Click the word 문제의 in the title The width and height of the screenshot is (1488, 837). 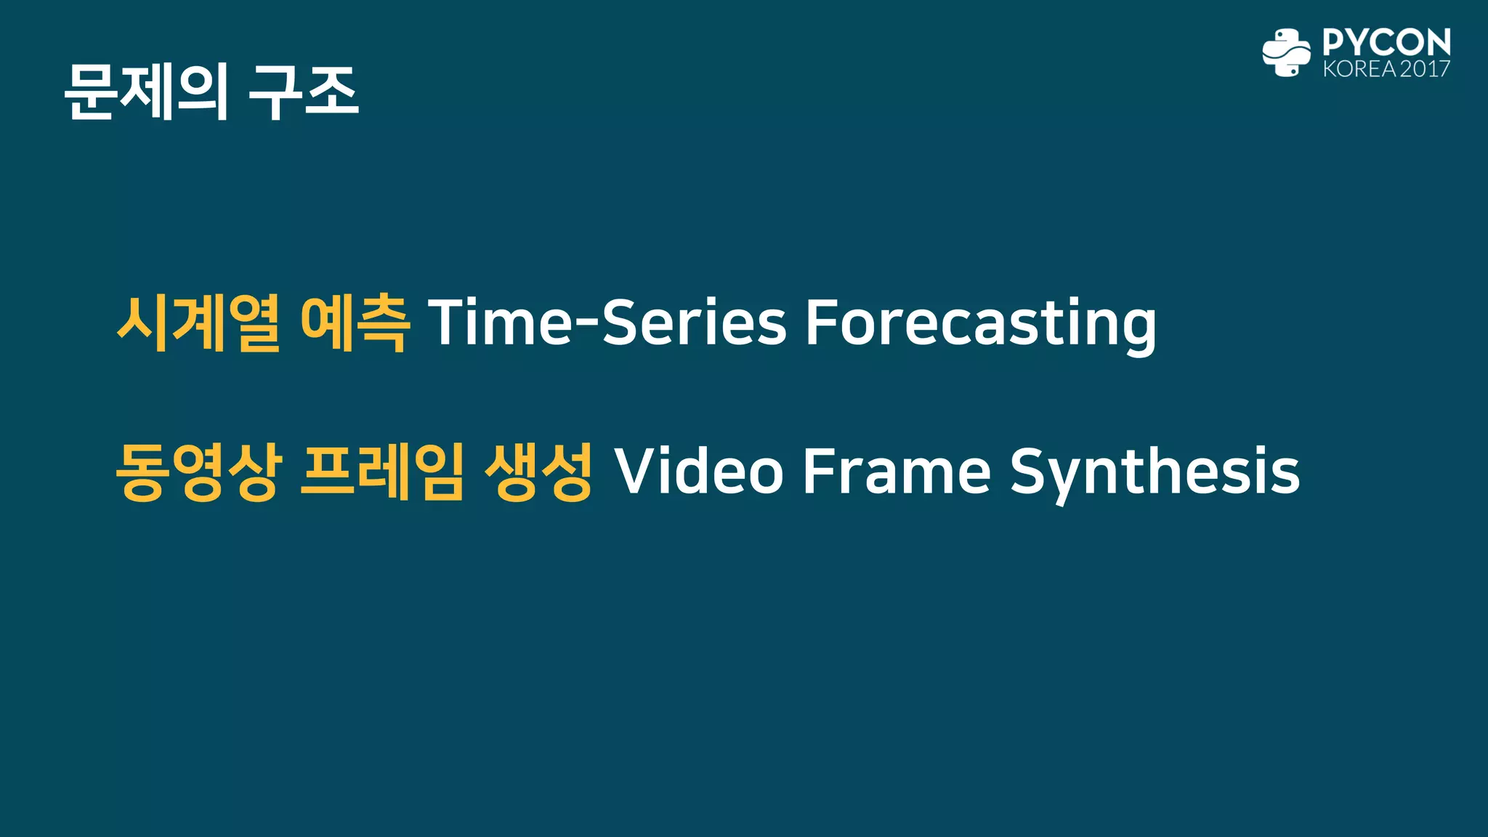(x=146, y=92)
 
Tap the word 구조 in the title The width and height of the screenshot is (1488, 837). (x=303, y=92)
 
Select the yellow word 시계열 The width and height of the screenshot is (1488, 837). (x=198, y=323)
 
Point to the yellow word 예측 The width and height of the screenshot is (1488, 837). (x=354, y=323)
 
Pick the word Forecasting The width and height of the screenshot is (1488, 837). (x=980, y=323)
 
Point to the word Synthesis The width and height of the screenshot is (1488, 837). (x=1155, y=472)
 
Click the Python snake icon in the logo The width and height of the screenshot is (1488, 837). (x=1286, y=52)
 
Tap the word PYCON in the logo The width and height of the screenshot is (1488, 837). (x=1386, y=42)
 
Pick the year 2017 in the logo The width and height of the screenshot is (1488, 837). (x=1425, y=69)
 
